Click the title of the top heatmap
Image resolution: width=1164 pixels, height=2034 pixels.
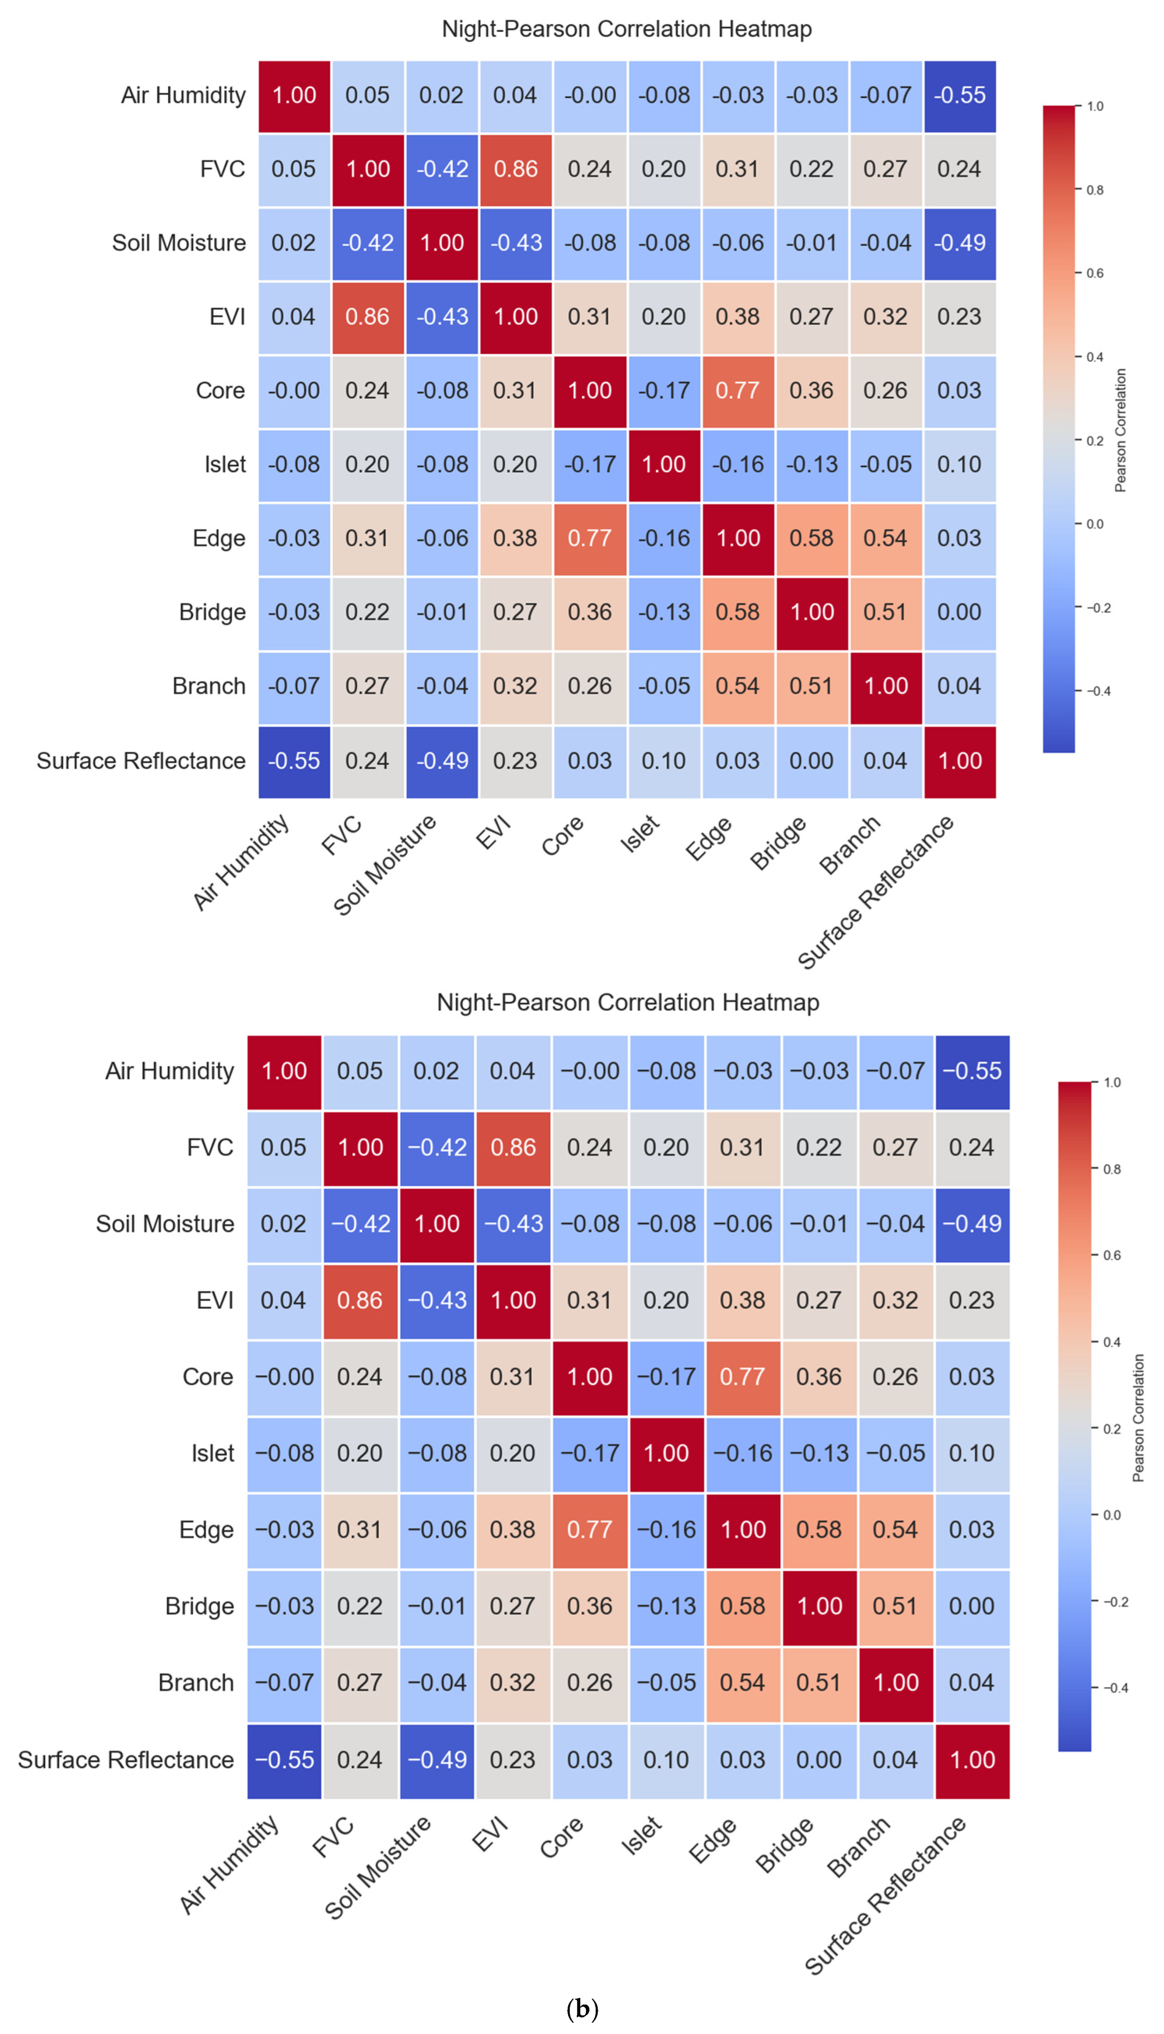click(x=627, y=29)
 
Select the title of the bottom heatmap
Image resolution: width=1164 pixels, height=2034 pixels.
click(x=628, y=1002)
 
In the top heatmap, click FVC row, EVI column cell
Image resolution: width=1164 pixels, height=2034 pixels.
click(x=515, y=169)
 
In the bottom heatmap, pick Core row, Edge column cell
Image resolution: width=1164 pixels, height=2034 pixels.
click(x=743, y=1376)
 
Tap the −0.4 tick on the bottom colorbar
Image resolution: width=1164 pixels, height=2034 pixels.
click(x=1116, y=1688)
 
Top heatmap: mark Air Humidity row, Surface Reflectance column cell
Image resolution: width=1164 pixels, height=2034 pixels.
click(x=960, y=95)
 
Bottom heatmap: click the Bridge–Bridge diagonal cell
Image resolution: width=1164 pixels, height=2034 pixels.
click(x=819, y=1606)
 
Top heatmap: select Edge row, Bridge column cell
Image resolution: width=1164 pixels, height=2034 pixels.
click(x=812, y=538)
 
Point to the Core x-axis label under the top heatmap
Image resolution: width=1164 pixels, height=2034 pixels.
click(x=563, y=836)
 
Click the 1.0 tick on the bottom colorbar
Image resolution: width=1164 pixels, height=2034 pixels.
click(x=1112, y=1082)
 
